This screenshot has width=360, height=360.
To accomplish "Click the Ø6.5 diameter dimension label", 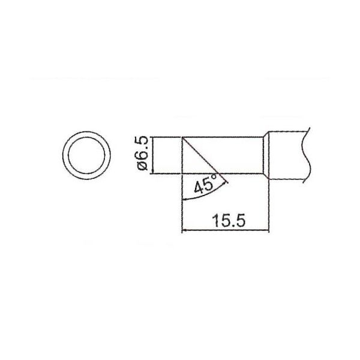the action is pyautogui.click(x=142, y=153).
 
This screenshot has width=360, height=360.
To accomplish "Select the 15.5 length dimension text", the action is pyautogui.click(x=229, y=220).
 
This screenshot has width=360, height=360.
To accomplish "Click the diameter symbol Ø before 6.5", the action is pyautogui.click(x=142, y=166).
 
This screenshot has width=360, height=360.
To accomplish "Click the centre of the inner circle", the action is pyautogui.click(x=86, y=155).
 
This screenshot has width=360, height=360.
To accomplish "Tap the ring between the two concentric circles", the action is pyautogui.click(x=65, y=155).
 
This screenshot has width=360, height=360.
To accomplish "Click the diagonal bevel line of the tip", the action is pyautogui.click(x=200, y=155).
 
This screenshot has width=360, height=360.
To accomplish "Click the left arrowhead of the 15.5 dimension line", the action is pyautogui.click(x=184, y=230).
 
